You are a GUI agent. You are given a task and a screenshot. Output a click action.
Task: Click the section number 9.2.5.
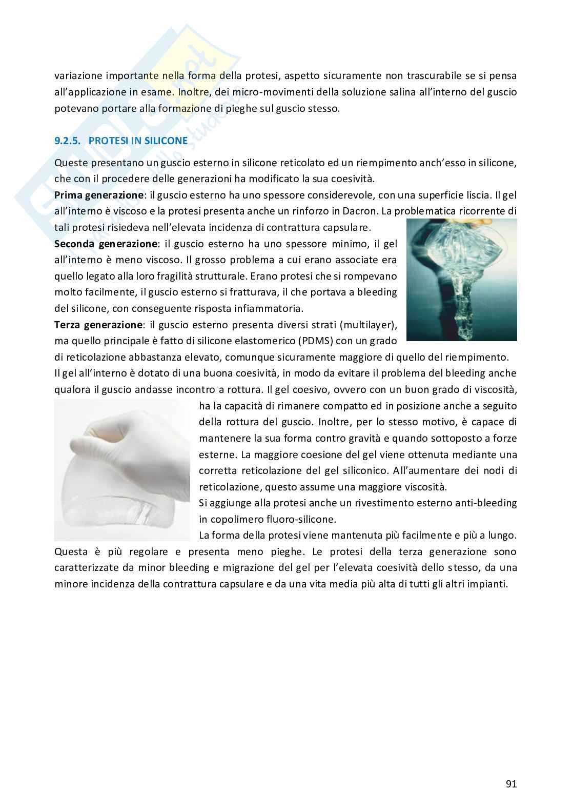click(x=69, y=141)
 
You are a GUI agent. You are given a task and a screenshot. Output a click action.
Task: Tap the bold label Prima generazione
click(x=99, y=195)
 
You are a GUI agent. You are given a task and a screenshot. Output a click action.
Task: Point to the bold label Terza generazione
click(x=98, y=325)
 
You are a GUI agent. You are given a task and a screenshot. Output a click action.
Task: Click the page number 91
click(x=510, y=784)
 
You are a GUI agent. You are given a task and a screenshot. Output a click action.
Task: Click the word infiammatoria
click(x=270, y=309)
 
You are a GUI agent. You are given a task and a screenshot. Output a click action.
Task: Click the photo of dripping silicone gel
click(x=461, y=280)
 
